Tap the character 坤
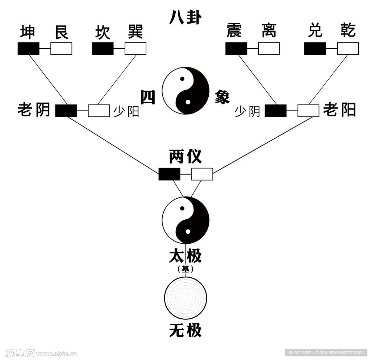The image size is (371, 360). click(x=28, y=32)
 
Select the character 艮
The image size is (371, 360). click(x=61, y=32)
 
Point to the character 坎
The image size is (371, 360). click(x=102, y=32)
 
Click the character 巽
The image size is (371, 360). click(x=135, y=32)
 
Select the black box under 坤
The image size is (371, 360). click(x=29, y=49)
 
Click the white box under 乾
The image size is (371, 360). click(x=348, y=49)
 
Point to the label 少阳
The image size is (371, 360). click(x=126, y=111)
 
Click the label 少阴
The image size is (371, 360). click(x=247, y=111)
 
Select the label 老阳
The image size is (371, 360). click(x=339, y=109)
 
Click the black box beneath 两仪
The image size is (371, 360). click(x=169, y=174)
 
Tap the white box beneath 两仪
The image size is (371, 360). click(x=202, y=174)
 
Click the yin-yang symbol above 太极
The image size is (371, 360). click(x=185, y=220)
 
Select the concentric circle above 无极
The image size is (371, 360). click(x=185, y=298)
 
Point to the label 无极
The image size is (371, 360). click(x=185, y=331)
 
